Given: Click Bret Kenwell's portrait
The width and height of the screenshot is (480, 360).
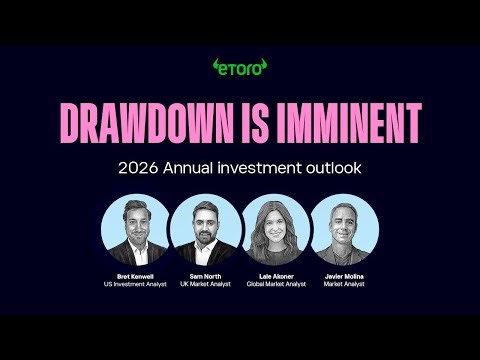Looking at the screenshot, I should coord(135,229).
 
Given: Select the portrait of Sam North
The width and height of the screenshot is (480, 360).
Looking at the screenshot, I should coord(204,229).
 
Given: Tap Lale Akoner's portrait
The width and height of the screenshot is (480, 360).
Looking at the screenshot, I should coord(274,229).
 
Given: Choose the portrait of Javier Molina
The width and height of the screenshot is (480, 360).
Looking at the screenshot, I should coord(344,229).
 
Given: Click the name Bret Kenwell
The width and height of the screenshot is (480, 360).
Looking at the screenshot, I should coord(135,275).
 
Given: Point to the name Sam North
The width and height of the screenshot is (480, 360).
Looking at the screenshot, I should coord(204,275).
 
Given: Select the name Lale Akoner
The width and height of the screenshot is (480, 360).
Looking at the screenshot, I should coord(274,275).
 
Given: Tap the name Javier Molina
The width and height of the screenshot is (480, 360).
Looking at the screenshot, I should coord(344,275).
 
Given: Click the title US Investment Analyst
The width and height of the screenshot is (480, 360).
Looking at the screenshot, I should coord(135,284).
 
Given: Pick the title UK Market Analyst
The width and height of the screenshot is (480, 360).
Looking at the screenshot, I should coord(204,284).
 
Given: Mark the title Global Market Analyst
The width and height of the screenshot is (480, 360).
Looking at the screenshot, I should coord(274,284).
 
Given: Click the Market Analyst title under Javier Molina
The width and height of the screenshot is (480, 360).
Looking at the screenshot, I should coord(344,284).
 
